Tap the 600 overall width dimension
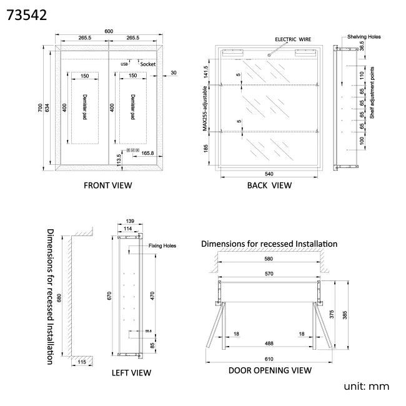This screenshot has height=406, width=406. point(109,32)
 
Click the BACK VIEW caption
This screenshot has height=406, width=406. point(269,185)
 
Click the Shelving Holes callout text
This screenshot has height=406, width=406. point(364,37)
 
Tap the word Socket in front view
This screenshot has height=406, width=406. point(148,64)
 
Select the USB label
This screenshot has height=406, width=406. point(124,64)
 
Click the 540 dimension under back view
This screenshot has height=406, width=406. point(269,174)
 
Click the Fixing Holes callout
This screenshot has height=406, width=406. point(162,246)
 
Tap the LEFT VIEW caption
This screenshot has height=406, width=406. point(131,373)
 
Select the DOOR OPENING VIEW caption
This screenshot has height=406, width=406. point(269,370)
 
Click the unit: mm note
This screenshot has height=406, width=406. point(367,387)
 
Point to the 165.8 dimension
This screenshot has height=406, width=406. point(148,152)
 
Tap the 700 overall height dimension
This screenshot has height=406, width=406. point(39,108)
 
